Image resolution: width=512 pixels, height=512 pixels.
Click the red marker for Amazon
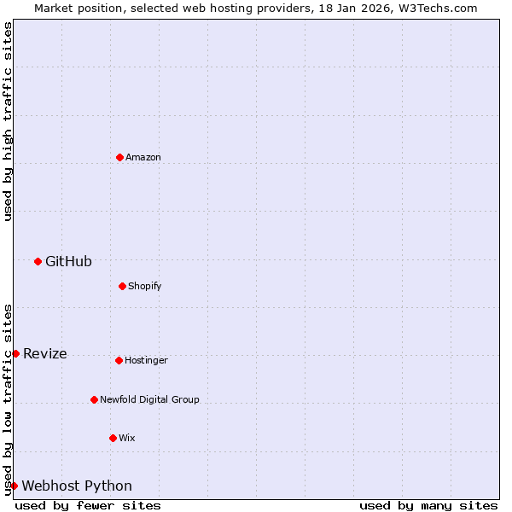click(x=119, y=157)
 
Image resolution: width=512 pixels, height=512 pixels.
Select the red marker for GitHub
click(x=38, y=261)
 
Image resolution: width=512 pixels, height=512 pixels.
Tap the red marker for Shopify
click(x=122, y=286)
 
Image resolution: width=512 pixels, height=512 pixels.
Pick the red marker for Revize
click(x=15, y=353)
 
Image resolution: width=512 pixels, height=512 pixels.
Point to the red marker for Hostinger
click(x=119, y=360)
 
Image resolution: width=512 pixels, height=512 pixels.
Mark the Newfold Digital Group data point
click(x=94, y=399)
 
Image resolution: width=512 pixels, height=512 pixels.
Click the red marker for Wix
click(x=113, y=438)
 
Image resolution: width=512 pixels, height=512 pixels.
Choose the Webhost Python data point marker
click(x=14, y=486)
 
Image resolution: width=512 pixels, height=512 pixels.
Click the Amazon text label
click(x=143, y=157)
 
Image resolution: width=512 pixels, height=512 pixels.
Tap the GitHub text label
click(x=68, y=261)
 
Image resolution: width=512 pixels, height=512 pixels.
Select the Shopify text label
click(x=145, y=286)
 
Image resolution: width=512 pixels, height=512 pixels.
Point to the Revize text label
click(x=45, y=353)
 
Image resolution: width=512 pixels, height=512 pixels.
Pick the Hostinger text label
click(x=146, y=360)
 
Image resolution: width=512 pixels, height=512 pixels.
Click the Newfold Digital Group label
click(x=149, y=399)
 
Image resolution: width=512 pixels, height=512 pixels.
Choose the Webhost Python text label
click(x=77, y=486)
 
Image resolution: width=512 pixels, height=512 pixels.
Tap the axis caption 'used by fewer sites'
click(x=88, y=505)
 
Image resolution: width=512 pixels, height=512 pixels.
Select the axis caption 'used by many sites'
click(x=428, y=505)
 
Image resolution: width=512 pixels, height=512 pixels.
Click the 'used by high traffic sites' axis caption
click(x=8, y=121)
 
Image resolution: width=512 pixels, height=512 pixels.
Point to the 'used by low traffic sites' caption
click(x=8, y=399)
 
